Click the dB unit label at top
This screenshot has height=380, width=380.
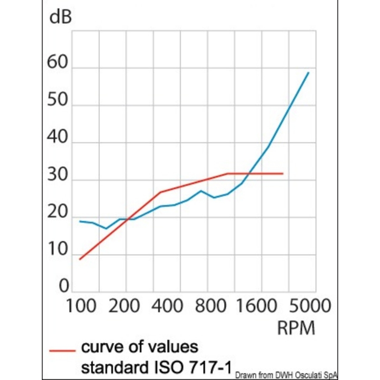(61, 18)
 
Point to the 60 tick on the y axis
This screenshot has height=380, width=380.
(58, 63)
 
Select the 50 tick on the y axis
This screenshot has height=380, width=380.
(58, 100)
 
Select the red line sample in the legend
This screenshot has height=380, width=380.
(62, 351)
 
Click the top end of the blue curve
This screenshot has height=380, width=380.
(308, 73)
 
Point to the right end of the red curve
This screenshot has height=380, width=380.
(283, 174)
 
